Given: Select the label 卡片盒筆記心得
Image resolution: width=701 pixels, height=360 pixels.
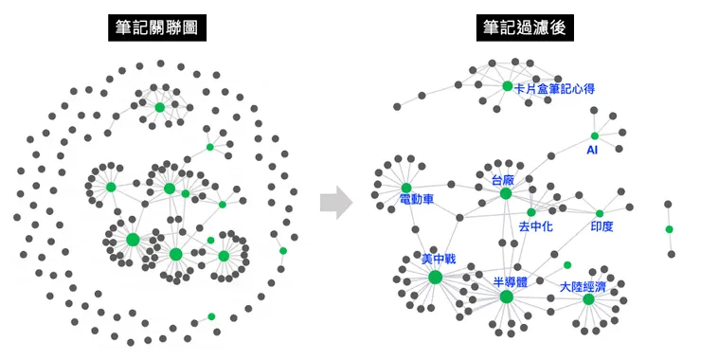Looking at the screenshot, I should pyautogui.click(x=554, y=88).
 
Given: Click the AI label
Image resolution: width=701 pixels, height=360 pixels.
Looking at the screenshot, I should pyautogui.click(x=592, y=150).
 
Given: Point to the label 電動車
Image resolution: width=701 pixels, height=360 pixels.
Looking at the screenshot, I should pyautogui.click(x=416, y=201).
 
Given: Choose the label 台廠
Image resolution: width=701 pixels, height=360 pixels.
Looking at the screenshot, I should pyautogui.click(x=502, y=179).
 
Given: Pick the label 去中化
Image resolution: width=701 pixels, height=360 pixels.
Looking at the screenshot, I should pyautogui.click(x=535, y=226).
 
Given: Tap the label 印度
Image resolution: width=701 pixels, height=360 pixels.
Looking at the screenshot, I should pyautogui.click(x=602, y=226).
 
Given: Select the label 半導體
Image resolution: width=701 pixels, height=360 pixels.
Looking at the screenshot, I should pyautogui.click(x=511, y=282).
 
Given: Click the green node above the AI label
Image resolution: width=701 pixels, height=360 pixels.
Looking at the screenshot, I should pyautogui.click(x=595, y=135).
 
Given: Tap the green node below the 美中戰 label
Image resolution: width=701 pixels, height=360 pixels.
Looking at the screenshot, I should pyautogui.click(x=435, y=277).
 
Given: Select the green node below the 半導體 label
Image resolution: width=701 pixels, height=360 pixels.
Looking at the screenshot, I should pyautogui.click(x=507, y=297).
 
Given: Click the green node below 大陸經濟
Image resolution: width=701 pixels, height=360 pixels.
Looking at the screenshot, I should pyautogui.click(x=588, y=299).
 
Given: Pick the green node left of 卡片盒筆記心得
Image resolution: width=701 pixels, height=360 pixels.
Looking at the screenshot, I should pyautogui.click(x=508, y=86).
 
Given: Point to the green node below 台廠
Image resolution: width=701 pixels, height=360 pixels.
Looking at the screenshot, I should pyautogui.click(x=506, y=193).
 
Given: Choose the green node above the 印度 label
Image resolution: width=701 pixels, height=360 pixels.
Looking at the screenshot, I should pyautogui.click(x=600, y=213).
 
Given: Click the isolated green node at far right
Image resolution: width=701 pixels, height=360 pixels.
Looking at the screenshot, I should pyautogui.click(x=669, y=229).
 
